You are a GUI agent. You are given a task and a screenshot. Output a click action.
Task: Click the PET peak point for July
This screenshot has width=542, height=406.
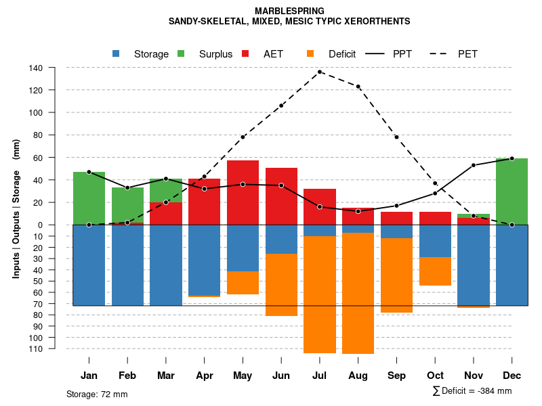(320, 72)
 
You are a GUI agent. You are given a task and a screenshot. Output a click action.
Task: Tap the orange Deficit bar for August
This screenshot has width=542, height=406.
(358, 293)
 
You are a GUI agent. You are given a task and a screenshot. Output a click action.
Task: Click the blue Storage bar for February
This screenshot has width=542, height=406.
(127, 265)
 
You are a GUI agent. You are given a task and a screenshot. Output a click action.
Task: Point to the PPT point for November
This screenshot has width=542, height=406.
(474, 165)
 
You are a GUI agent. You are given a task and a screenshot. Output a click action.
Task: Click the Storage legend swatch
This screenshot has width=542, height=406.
(117, 54)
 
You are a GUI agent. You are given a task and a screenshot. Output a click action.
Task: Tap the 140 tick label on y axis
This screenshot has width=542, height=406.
(36, 68)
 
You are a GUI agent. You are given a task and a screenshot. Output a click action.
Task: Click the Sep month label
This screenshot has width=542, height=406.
(396, 376)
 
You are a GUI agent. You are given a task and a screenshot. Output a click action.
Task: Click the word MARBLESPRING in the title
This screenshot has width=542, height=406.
(289, 11)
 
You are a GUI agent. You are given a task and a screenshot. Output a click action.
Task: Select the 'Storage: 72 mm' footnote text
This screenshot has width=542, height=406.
(97, 394)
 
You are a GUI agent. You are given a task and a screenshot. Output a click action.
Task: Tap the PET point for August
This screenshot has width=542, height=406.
(358, 87)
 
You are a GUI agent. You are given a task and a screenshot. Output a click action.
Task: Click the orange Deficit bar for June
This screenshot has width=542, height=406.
(281, 285)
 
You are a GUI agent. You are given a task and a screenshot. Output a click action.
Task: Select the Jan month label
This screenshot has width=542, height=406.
(89, 376)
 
